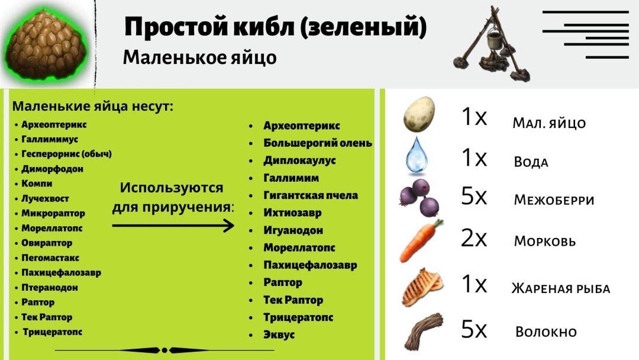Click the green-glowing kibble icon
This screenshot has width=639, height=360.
tap(46, 45)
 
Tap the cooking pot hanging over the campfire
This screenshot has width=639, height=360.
tap(495, 40)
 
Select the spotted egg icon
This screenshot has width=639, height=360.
tap(419, 114)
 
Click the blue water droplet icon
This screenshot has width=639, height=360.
tap(417, 156)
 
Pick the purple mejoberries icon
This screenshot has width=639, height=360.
tap(419, 198)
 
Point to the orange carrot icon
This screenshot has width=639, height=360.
tap(421, 240)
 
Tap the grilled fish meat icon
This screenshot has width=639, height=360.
tap(422, 287)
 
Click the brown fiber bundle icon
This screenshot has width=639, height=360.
tap(424, 330)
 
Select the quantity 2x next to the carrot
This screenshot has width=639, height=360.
tap(473, 238)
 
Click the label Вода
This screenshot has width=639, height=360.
tap(531, 162)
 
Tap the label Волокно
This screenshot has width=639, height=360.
tap(546, 332)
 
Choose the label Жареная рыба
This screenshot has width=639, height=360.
tap(561, 289)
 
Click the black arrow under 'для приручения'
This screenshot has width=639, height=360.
tap(173, 226)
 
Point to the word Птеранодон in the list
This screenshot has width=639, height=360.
tap(49, 287)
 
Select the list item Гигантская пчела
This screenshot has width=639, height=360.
tap(311, 195)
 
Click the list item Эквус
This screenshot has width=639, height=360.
tap(279, 335)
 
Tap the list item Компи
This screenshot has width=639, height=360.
tap(37, 184)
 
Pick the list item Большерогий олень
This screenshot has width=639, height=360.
tap(318, 143)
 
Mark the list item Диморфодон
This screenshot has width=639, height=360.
tap(52, 169)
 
